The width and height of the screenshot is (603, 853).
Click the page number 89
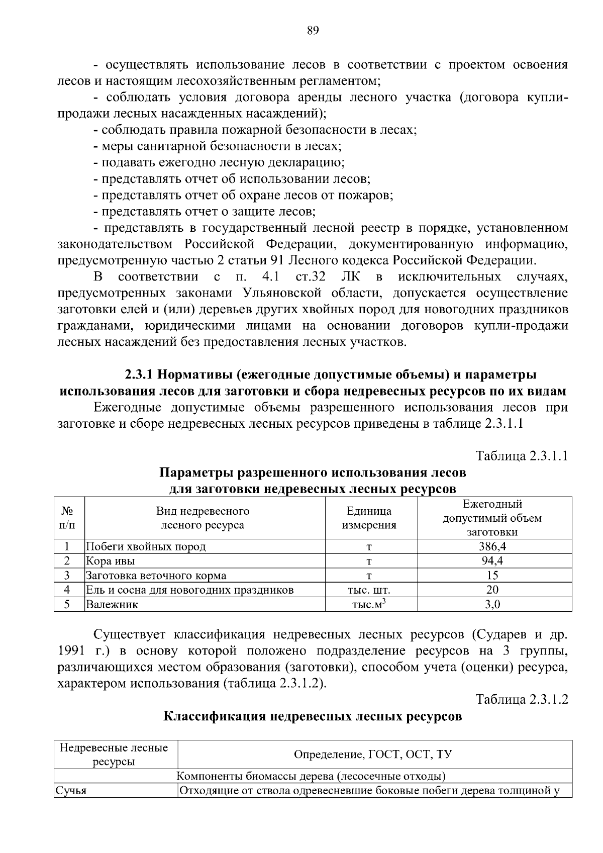click(313, 31)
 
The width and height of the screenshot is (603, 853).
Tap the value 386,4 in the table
click(492, 546)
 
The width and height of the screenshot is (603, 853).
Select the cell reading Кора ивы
click(110, 561)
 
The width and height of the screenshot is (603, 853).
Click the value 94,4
click(492, 561)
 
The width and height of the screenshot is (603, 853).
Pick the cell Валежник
click(112, 604)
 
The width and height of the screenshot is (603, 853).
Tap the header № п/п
click(68, 518)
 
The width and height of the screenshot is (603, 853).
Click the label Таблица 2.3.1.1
click(522, 456)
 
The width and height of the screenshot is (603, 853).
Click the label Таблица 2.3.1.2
click(522, 699)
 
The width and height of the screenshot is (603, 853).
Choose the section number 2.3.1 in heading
click(140, 375)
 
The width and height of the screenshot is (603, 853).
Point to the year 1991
click(70, 651)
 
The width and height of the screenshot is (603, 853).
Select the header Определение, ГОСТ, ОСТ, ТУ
click(372, 754)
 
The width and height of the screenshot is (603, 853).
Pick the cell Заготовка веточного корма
click(156, 576)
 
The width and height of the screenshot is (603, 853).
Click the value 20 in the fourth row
click(492, 590)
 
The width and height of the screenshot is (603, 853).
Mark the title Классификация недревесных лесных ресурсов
click(313, 716)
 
